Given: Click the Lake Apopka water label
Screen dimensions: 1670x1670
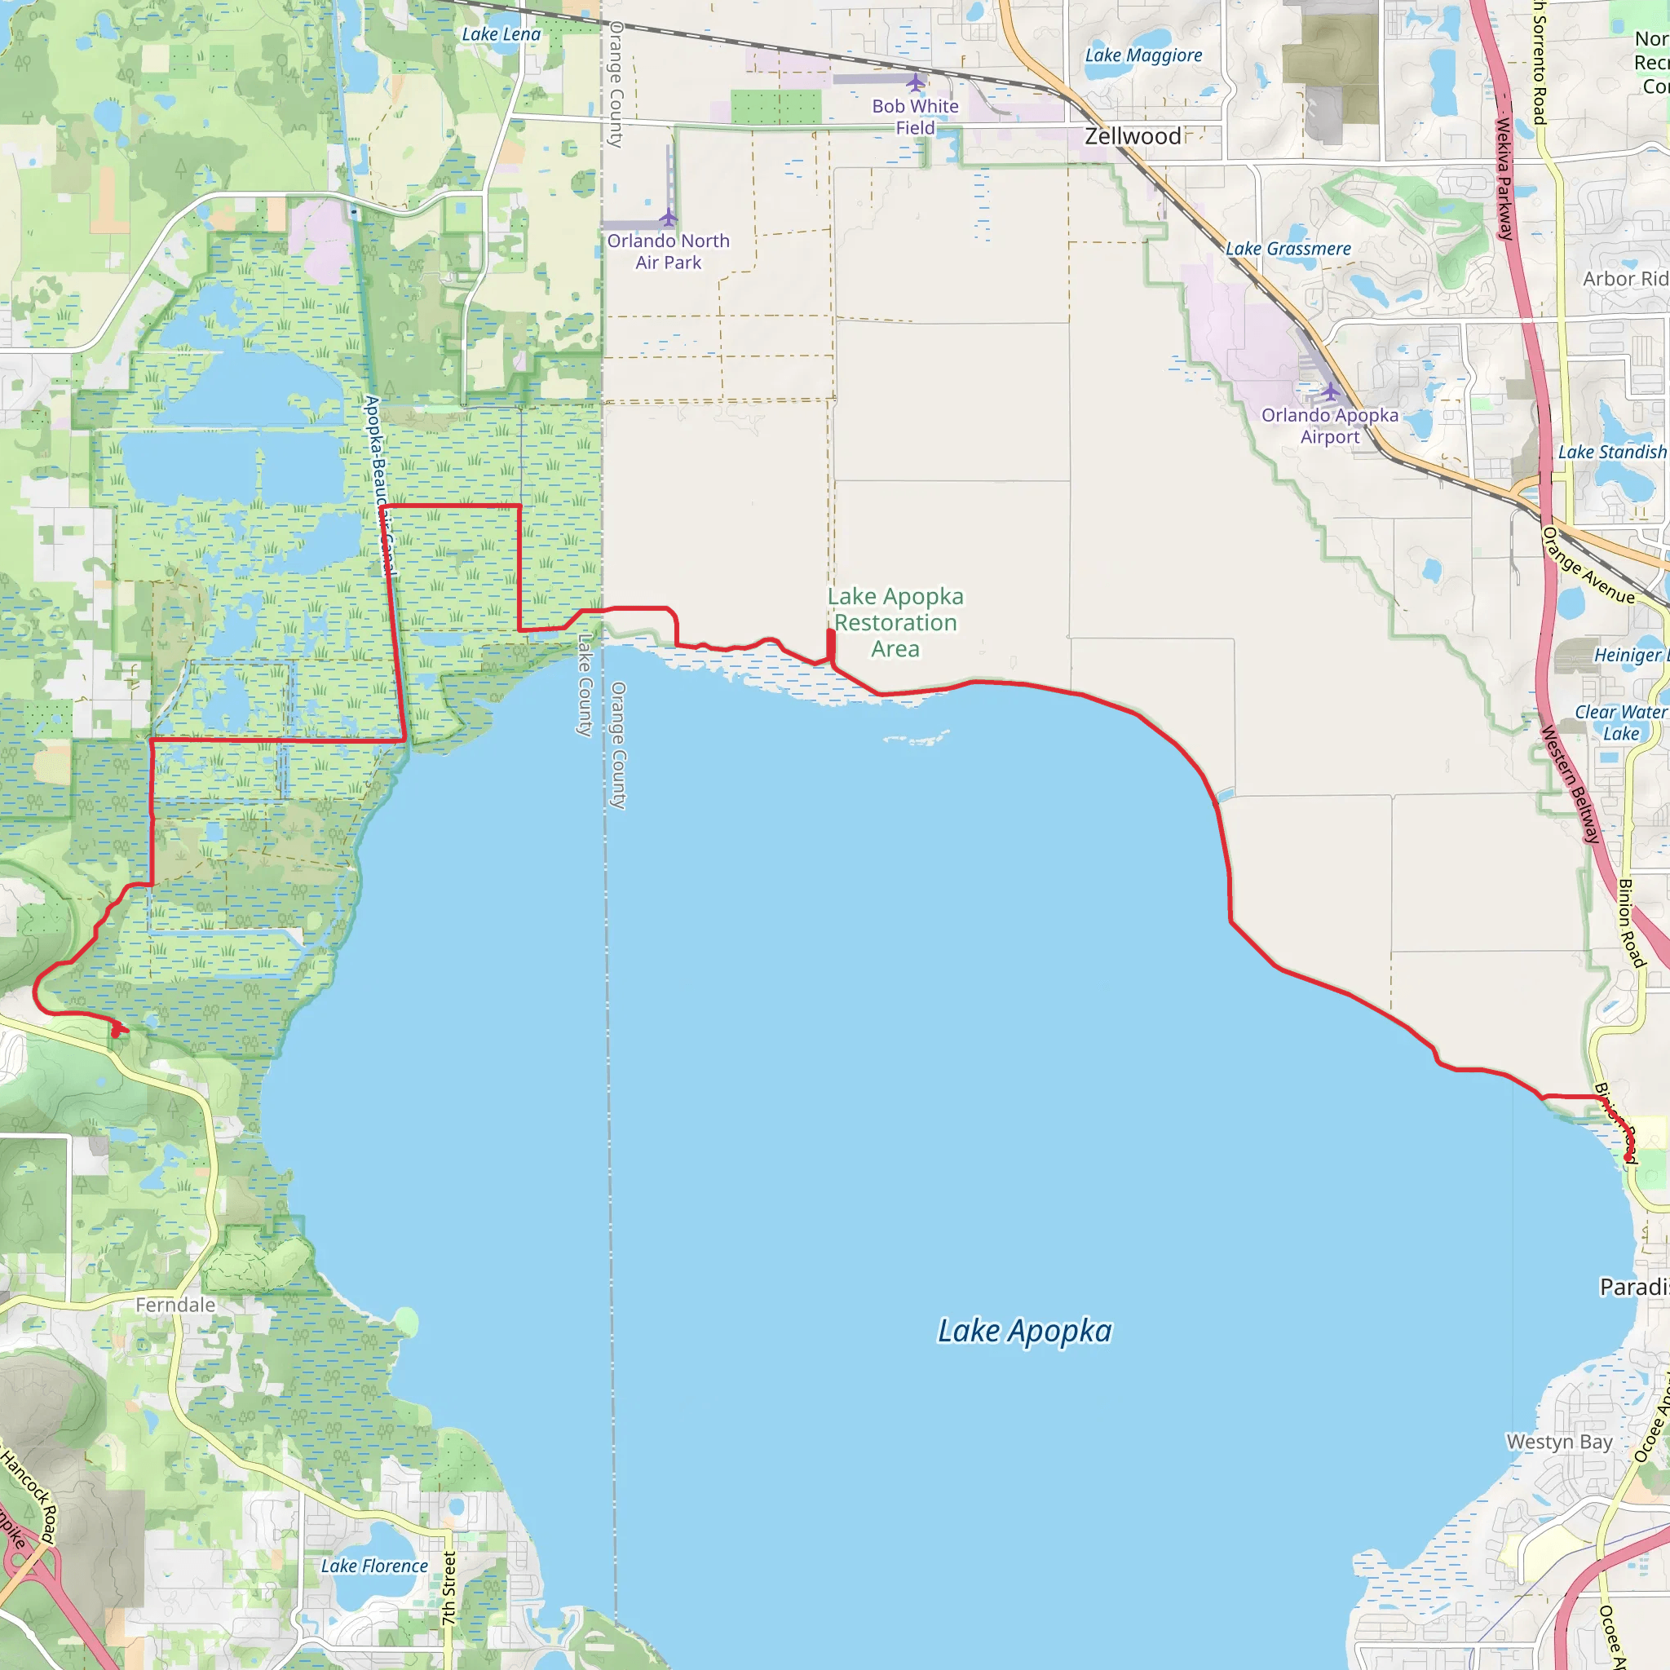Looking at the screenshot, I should point(1024,1331).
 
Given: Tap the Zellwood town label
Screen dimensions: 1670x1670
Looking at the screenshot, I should point(1133,136).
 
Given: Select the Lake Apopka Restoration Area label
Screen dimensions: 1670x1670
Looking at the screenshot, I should point(895,622).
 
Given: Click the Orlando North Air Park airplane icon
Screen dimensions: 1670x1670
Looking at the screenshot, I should point(667,216).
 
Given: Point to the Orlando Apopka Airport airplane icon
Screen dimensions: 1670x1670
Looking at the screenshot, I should point(1329,391).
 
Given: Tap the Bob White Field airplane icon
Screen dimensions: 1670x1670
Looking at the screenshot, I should point(916,83).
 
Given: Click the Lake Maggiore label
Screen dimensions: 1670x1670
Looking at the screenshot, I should point(1143,55).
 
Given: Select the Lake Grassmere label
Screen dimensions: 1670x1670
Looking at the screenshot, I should point(1288,249).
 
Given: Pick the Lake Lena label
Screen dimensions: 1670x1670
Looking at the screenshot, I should point(501,34).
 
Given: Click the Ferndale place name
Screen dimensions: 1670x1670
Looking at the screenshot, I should point(175,1305).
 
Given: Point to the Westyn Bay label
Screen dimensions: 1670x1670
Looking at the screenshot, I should point(1559,1442).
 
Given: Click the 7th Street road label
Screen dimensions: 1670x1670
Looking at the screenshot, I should point(448,1588).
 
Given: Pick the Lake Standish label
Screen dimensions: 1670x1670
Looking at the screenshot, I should point(1612,452).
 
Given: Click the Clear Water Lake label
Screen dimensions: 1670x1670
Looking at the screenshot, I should point(1620,722).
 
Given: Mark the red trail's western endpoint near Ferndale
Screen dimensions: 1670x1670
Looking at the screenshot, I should point(116,1032).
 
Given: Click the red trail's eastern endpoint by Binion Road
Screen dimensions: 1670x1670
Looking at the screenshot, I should point(1628,1157).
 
